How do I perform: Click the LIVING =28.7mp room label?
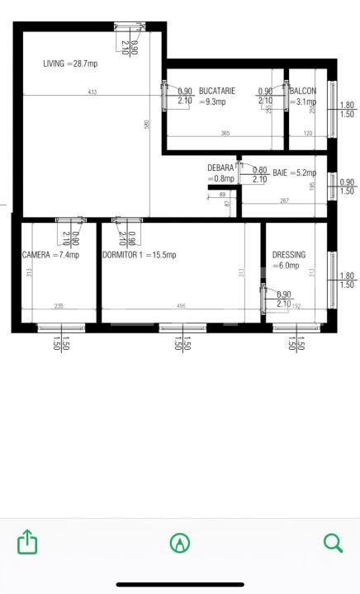[x=71, y=64]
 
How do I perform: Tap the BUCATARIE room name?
[x=217, y=91]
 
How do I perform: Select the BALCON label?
[x=303, y=91]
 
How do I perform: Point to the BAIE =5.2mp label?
[x=295, y=173]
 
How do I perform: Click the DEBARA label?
[x=220, y=168]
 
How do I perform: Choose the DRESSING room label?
[x=289, y=255]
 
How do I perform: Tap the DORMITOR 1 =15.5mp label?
[x=140, y=255]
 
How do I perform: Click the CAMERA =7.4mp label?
[x=51, y=255]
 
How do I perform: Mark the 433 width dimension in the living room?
[x=92, y=92]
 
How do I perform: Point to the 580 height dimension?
[x=147, y=125]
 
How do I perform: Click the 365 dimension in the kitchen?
[x=225, y=133]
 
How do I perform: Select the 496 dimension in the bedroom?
[x=181, y=306]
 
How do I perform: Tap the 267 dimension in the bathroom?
[x=284, y=200]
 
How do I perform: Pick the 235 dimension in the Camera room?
[x=59, y=306]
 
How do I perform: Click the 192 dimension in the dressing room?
[x=297, y=306]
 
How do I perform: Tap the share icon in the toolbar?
[x=28, y=542]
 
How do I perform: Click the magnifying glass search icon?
[x=333, y=542]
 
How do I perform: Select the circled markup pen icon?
[x=179, y=542]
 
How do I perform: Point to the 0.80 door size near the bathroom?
[x=259, y=170]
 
